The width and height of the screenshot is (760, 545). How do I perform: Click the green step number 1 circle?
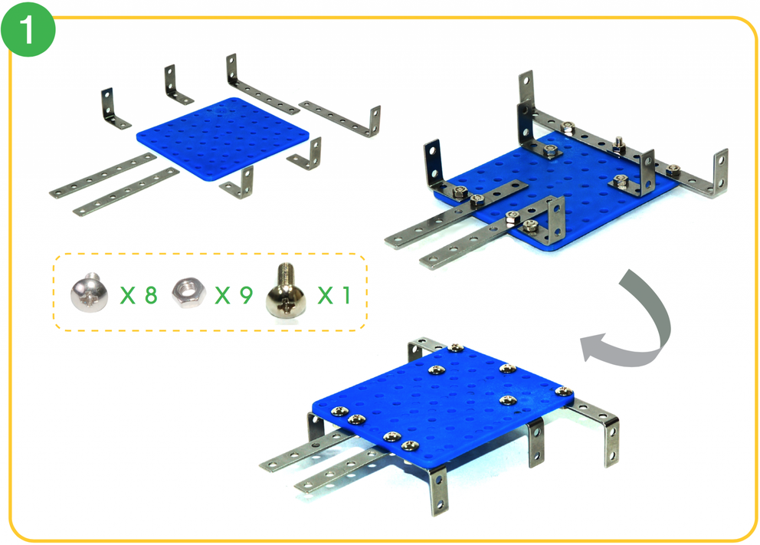pos(28,29)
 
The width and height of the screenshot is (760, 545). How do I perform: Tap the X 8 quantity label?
pos(139,295)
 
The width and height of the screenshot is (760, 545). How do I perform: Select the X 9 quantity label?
pos(234,295)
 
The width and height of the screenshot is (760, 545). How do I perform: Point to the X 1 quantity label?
pos(334,295)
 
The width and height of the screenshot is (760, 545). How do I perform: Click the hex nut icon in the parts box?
pos(188,293)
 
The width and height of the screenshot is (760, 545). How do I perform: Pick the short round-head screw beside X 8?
pos(89,292)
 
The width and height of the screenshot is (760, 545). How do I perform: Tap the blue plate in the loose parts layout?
pos(223,140)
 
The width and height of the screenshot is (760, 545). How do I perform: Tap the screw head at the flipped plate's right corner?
pos(563,391)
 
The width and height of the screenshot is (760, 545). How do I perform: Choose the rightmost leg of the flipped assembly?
pos(611,442)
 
